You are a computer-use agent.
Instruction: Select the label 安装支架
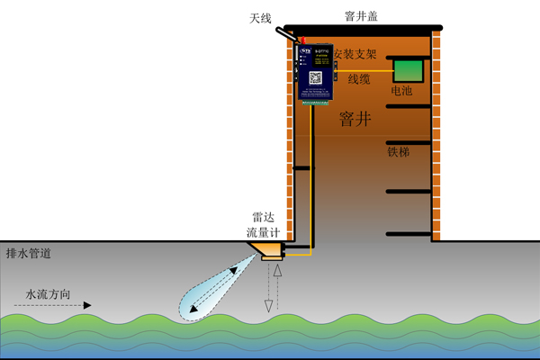355,54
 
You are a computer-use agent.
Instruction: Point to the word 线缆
358,79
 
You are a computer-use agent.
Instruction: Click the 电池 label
402,91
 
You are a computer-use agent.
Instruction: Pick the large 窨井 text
357,120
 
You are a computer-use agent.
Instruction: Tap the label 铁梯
399,152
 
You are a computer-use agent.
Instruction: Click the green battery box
410,70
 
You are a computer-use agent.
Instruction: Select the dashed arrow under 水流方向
54,306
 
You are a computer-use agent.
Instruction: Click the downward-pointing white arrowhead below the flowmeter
267,307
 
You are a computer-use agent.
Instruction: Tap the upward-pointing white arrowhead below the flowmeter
278,270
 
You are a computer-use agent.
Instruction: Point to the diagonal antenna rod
286,32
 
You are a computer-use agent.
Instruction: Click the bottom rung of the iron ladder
409,234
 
